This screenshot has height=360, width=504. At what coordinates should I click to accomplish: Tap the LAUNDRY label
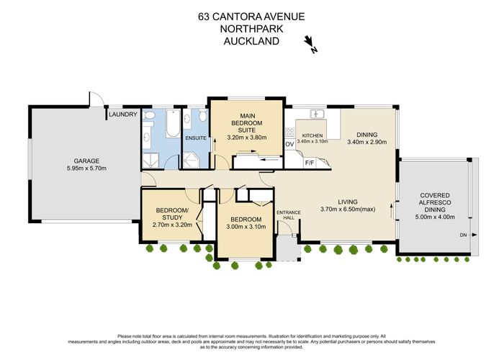click(x=122, y=114)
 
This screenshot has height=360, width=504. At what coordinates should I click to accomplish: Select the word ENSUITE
click(x=196, y=138)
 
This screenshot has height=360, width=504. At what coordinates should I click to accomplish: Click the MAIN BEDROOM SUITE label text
click(x=247, y=121)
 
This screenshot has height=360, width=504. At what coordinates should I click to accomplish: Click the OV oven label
click(x=289, y=145)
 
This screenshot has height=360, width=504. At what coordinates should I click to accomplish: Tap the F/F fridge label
click(x=310, y=163)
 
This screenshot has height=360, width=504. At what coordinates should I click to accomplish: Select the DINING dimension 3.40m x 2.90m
click(x=367, y=143)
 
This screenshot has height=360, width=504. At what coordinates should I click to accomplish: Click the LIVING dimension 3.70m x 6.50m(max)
click(x=347, y=210)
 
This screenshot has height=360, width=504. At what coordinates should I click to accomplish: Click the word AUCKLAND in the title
click(x=251, y=41)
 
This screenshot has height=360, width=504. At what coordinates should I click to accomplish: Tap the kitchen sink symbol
click(x=315, y=114)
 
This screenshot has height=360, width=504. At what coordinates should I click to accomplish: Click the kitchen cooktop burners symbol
click(x=290, y=132)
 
